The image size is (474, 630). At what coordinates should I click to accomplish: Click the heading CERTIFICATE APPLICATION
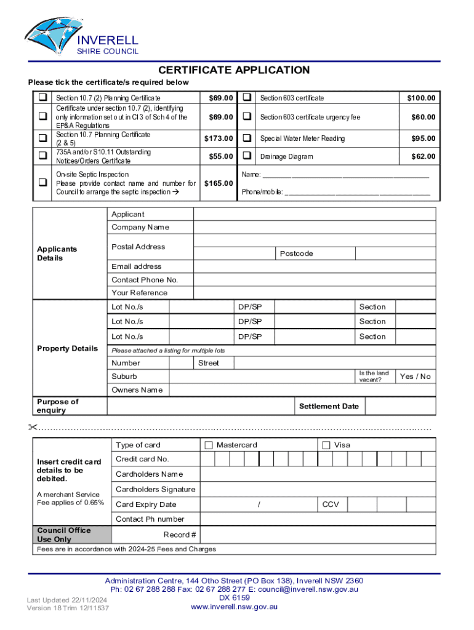pos(234,70)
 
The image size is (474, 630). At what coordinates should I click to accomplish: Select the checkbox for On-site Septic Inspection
pos(42,183)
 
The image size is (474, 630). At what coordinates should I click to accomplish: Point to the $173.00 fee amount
pos(219,138)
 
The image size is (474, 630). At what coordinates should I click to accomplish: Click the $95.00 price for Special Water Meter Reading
pos(423,138)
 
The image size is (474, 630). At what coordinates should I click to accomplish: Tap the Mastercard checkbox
pos(209,445)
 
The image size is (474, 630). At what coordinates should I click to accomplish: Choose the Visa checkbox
pos(326,445)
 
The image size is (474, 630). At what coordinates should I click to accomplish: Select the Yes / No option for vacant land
pos(415,377)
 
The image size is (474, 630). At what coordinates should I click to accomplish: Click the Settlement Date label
pos(329,406)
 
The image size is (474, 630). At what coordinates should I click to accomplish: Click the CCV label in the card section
pos(331,504)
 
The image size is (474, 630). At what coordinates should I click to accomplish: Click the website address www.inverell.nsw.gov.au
pos(234,607)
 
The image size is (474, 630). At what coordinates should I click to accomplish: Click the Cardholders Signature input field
pos(318,490)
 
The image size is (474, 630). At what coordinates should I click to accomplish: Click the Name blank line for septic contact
pos(345,175)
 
